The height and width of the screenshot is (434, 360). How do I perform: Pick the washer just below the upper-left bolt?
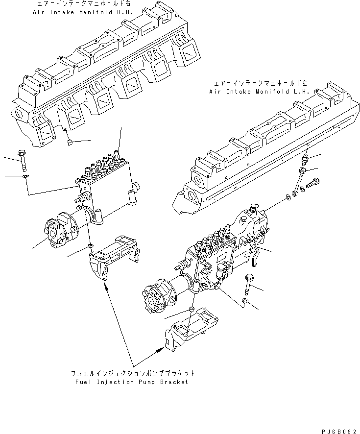click(25, 175)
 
